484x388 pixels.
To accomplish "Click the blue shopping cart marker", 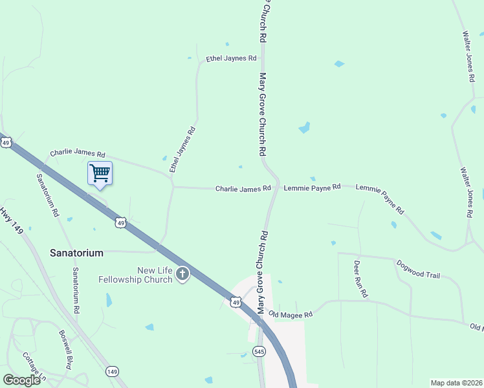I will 100,173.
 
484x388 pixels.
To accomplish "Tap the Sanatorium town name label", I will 76,253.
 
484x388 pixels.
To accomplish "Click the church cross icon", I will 182,275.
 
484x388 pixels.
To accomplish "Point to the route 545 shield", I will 259,351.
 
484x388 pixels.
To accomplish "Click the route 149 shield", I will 112,371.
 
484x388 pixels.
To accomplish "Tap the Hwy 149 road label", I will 13,219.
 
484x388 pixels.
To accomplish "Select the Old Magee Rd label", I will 291,314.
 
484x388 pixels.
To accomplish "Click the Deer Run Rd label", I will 360,279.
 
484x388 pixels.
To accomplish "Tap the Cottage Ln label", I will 34,367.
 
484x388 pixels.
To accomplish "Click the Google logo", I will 21,380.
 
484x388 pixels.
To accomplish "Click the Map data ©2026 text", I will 456,383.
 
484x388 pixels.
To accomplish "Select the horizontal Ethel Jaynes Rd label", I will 231,58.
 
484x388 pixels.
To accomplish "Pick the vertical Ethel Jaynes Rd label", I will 182,149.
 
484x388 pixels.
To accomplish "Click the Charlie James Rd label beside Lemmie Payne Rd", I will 243,189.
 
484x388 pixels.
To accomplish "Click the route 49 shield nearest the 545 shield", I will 236,301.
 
